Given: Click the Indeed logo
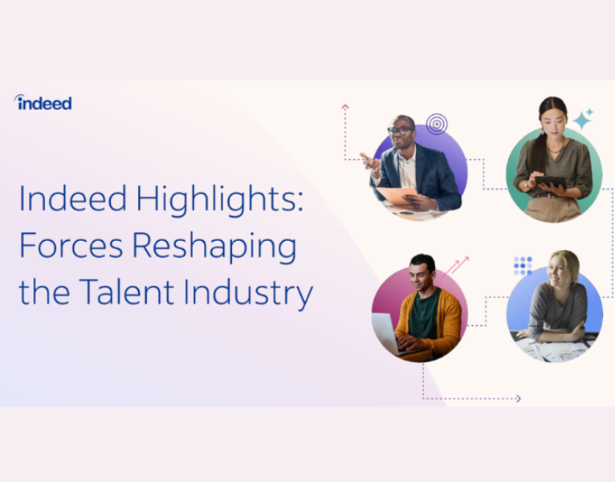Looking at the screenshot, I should coord(43,103).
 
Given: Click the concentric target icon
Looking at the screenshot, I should coord(436,124).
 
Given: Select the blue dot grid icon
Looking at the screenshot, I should coord(523,265).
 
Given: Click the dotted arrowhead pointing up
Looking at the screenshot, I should coord(345,106).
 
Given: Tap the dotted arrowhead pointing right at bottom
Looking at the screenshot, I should coord(518,398).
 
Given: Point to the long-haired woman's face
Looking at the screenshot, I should coord(551,121).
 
